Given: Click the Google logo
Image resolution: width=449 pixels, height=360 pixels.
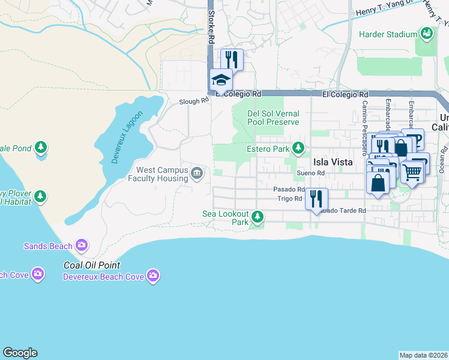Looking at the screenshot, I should coord(20,353).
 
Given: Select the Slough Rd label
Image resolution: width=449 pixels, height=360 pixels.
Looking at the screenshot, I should coord(193,102).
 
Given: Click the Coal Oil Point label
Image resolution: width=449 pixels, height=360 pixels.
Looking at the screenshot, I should coord(92,265).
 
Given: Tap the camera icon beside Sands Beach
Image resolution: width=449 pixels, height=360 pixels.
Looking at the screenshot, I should coord(82,245).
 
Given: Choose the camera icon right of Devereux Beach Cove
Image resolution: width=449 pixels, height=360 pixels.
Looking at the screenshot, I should coord(153,275).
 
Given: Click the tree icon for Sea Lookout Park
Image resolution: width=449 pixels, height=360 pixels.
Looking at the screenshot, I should coord(258,216).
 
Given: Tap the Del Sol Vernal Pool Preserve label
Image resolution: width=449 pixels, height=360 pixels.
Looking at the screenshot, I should coord(273,118).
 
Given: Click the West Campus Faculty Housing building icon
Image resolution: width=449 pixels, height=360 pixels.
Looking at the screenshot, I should coord(197,174).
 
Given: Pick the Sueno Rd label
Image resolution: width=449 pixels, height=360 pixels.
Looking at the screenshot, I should coord(310,173).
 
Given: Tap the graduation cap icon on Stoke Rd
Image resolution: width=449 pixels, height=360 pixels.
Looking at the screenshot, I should coord(220,80).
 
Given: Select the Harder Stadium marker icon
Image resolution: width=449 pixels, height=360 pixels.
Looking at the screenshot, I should coord(427,34).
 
